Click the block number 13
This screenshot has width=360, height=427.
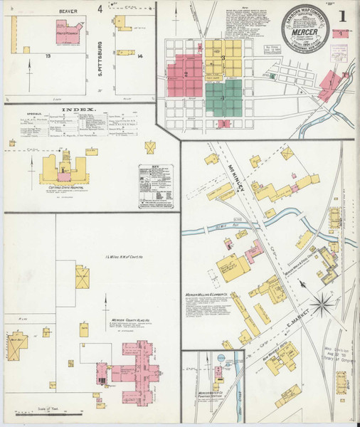48,55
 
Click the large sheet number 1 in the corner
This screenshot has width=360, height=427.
342,16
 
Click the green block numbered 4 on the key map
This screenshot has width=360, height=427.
223,100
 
